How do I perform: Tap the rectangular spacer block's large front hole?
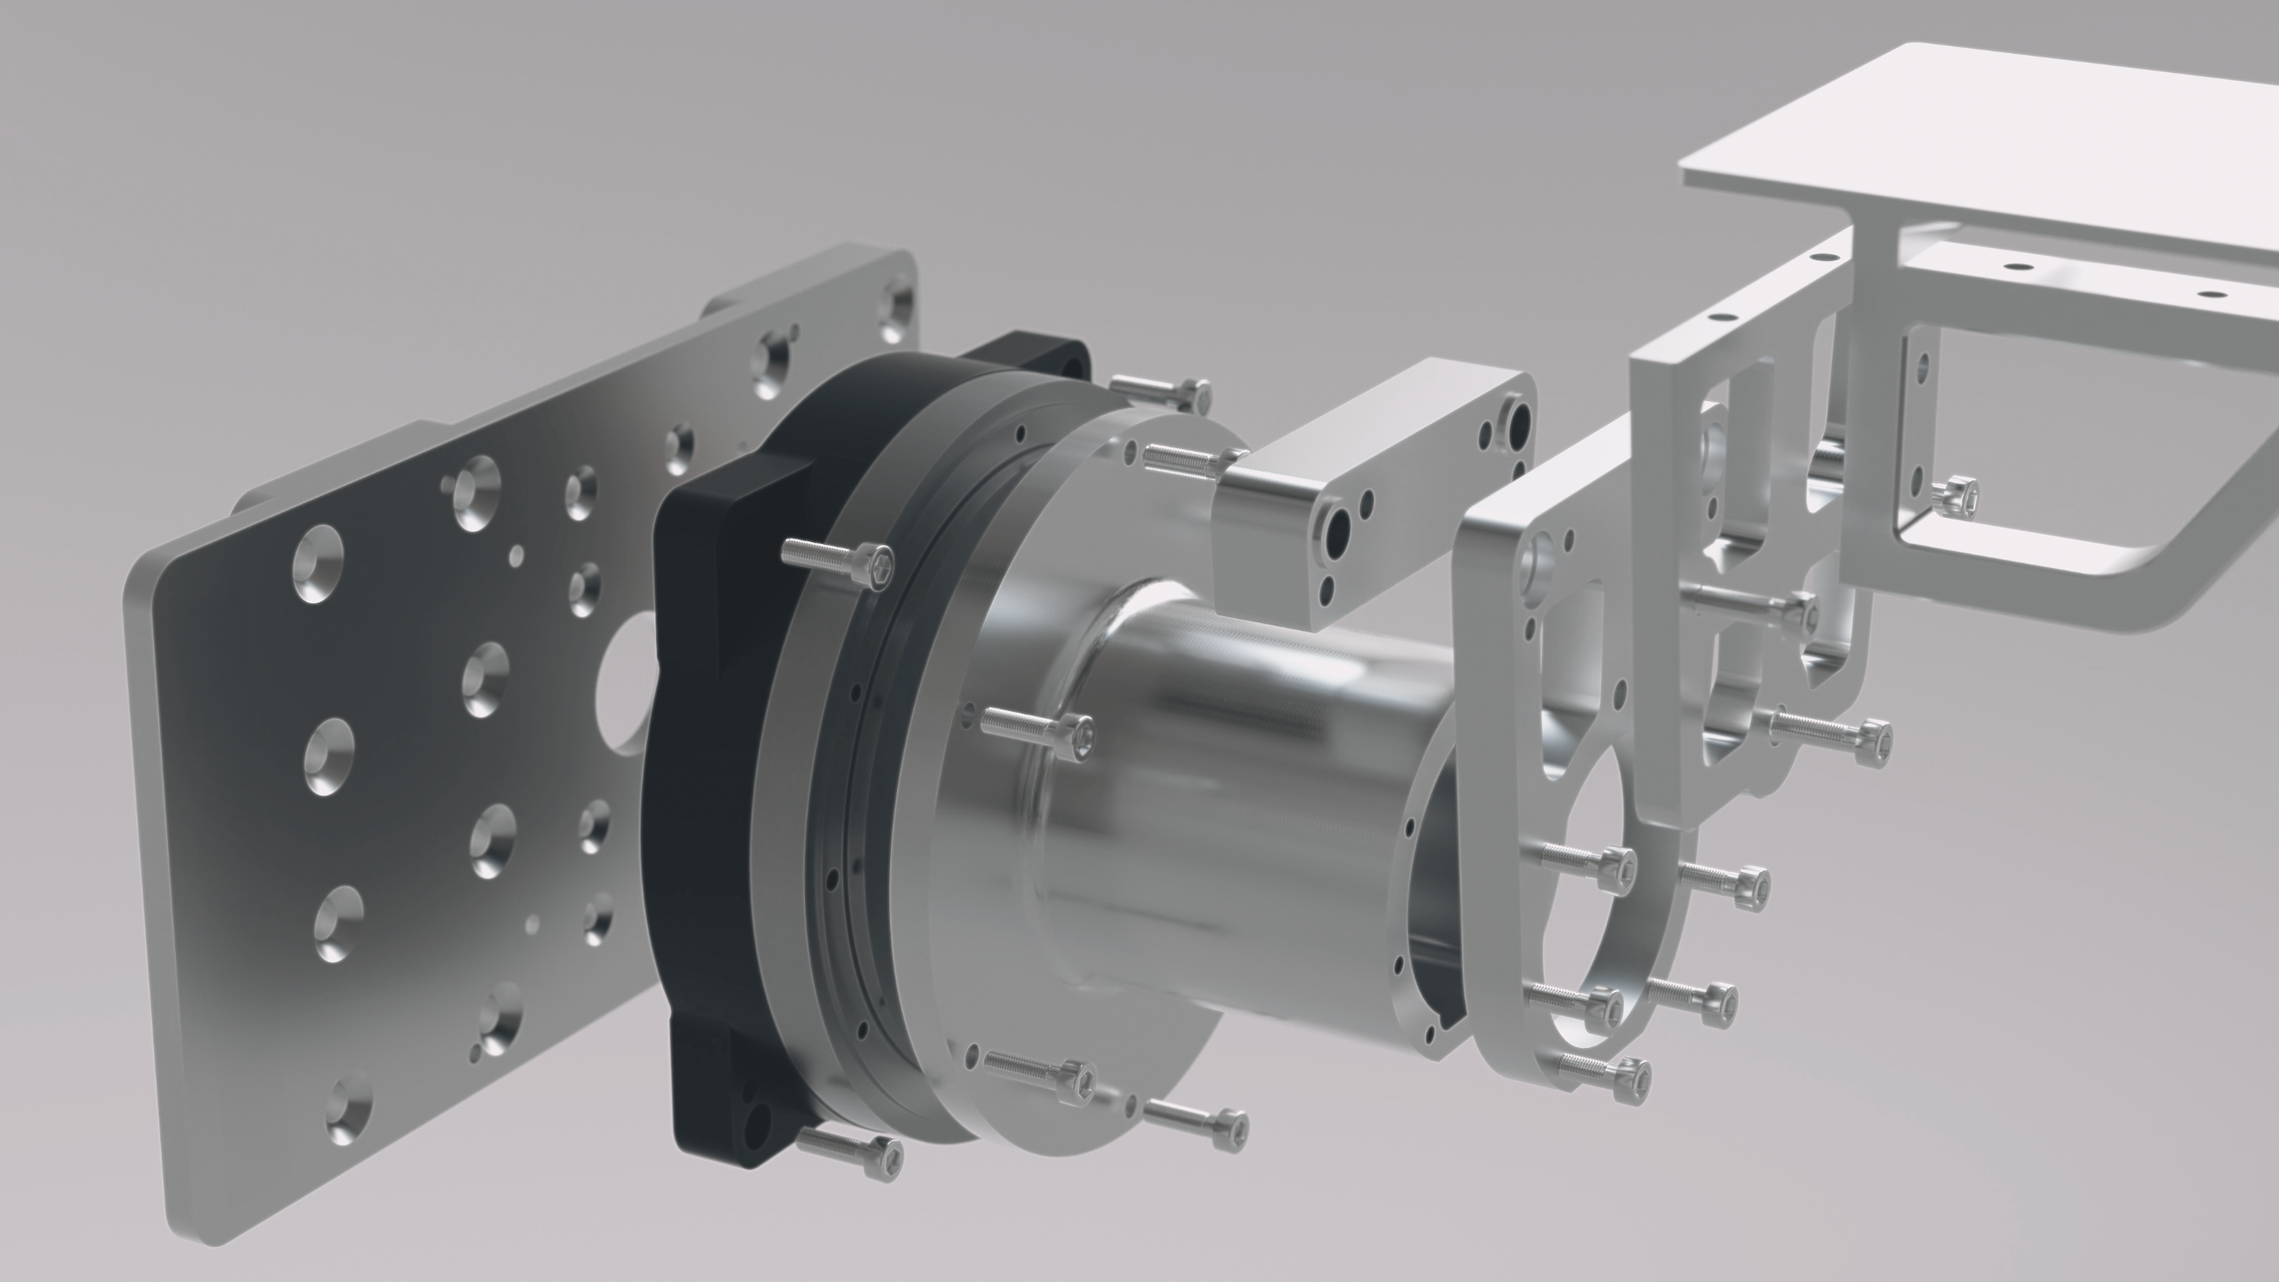[x=1335, y=529]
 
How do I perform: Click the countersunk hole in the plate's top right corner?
[x=895, y=307]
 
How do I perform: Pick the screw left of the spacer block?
[x=1185, y=459]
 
